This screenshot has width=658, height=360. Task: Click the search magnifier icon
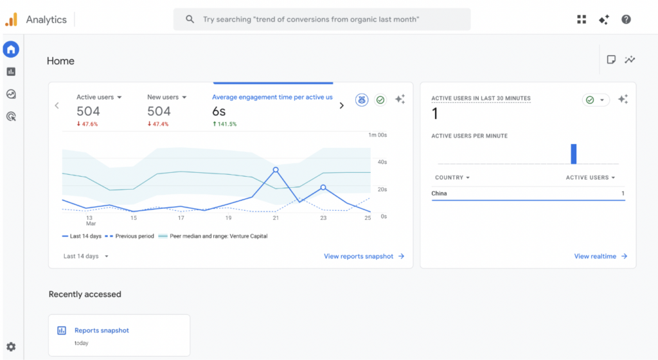190,19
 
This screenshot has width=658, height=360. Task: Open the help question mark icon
626,19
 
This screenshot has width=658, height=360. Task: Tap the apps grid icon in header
582,19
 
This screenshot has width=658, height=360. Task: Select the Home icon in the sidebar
11,49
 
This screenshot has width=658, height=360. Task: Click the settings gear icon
11,346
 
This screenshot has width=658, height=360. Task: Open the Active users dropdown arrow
120,97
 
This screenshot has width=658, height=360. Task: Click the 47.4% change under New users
158,124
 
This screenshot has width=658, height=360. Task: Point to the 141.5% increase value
224,124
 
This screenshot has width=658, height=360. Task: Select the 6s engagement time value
218,111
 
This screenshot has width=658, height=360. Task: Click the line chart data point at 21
276,170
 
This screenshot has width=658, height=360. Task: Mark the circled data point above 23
323,188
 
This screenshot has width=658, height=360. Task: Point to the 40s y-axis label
382,162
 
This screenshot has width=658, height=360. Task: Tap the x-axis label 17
181,218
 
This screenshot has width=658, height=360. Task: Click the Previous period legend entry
130,236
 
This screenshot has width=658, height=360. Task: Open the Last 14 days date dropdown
85,256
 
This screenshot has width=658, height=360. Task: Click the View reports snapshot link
364,256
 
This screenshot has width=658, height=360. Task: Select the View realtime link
601,256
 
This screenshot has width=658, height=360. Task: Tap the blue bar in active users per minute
574,154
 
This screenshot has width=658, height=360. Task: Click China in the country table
439,194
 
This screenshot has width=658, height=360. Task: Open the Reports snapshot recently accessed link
102,330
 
